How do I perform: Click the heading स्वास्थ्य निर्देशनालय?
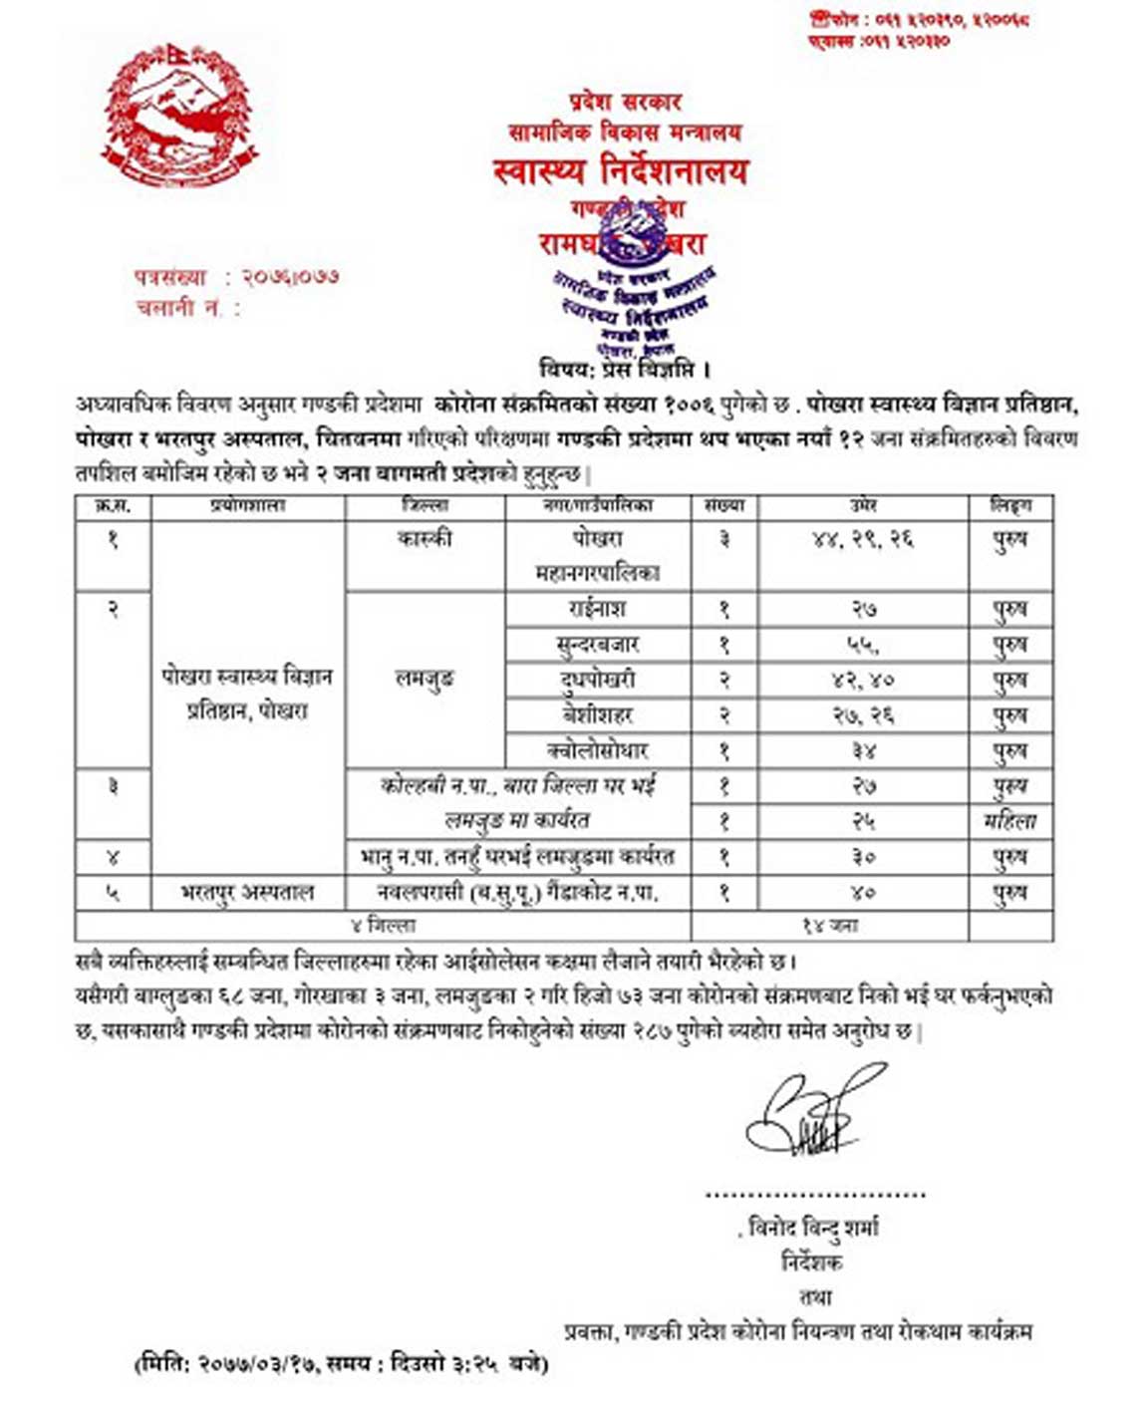620,170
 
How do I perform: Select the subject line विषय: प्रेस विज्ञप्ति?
625,370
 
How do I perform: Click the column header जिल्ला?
425,506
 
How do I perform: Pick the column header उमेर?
863,506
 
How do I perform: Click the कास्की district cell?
425,539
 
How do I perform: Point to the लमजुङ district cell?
425,680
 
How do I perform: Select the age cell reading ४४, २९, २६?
863,539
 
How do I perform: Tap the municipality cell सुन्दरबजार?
598,645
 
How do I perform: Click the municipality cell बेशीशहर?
598,715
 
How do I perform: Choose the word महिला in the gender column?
1009,821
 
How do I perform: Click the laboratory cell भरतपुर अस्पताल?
247,892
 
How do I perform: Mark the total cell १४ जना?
830,926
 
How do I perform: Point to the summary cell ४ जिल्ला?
383,926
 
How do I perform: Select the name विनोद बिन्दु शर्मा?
813,1227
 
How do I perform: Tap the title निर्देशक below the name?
813,1262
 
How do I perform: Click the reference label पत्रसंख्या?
170,277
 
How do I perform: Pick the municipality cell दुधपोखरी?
598,680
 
